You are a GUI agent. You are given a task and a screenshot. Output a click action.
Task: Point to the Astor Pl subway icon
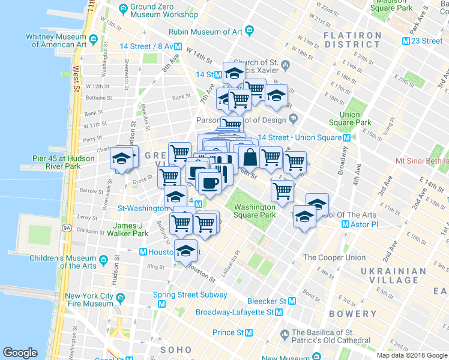tap(345, 224)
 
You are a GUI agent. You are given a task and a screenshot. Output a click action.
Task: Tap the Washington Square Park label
tap(255, 211)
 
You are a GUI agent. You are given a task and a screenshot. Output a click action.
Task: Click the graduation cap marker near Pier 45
tap(121, 160)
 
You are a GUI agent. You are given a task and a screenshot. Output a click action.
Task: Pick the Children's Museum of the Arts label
tap(63, 262)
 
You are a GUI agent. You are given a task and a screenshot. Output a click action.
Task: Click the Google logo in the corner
tap(20, 353)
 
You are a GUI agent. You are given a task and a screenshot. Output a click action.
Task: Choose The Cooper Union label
tap(334, 257)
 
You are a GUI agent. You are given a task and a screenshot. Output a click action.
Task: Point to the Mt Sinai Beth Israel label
tap(422, 161)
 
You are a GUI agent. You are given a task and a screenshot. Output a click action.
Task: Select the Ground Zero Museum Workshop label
tap(164, 10)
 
